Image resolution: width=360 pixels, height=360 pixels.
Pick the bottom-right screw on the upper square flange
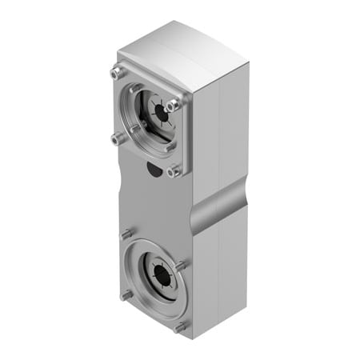tap(173, 170)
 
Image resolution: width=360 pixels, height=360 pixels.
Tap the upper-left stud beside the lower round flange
tap(125, 235)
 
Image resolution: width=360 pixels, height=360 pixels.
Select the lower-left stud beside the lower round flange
tap(126, 295)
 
